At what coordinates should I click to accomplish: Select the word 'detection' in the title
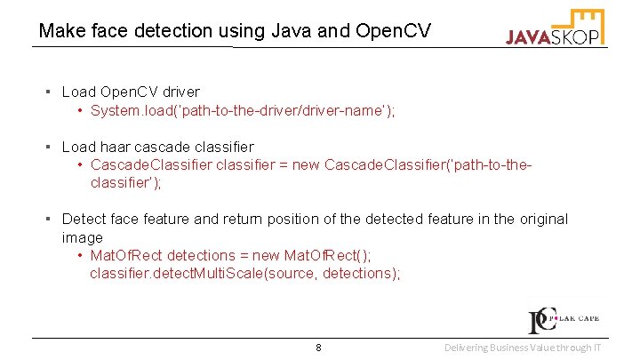click(168, 31)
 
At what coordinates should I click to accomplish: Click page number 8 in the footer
click(318, 347)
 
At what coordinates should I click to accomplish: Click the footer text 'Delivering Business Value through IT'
click(522, 347)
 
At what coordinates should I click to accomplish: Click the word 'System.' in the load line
click(115, 110)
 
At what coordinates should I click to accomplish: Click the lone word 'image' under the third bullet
click(82, 237)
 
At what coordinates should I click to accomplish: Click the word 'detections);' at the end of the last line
click(361, 274)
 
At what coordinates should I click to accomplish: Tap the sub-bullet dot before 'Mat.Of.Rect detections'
click(81, 256)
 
